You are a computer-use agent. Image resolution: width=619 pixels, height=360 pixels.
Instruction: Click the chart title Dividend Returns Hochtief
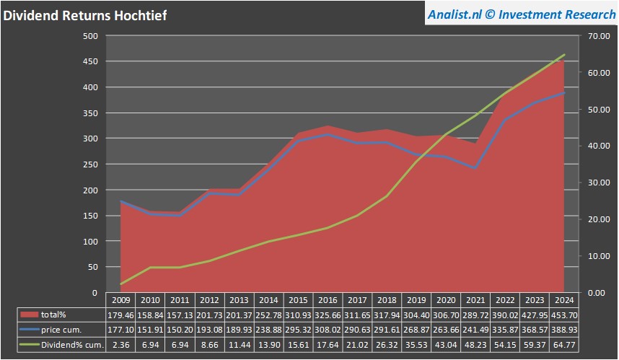pos(84,15)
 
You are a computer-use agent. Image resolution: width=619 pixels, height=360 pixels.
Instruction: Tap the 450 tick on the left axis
pos(89,61)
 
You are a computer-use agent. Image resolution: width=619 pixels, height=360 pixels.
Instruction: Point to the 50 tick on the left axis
pos(92,267)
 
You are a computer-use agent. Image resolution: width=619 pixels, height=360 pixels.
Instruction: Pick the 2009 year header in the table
pos(120,299)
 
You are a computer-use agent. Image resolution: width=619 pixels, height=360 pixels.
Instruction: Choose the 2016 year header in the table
pos(328,299)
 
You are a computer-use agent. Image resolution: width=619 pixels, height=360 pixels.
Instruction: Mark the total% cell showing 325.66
pos(328,315)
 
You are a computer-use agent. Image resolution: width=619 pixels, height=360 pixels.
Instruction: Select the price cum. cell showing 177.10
pos(120,330)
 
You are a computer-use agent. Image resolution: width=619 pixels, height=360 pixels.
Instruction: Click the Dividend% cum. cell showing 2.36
pos(120,345)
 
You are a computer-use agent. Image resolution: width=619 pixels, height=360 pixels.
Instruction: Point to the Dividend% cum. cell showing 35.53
pos(417,345)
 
